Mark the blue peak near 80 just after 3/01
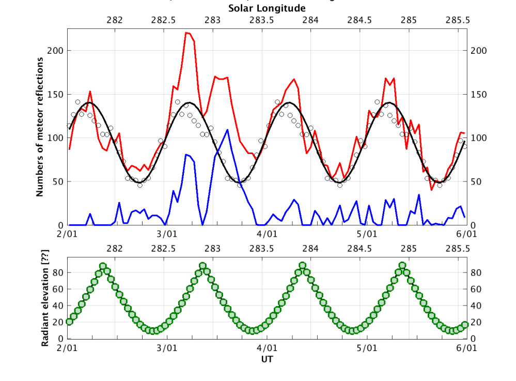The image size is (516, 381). [x=186, y=155]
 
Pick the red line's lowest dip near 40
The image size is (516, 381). [x=432, y=190]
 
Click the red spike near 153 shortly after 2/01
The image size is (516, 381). [x=90, y=92]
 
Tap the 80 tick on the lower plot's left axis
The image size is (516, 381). [x=60, y=272]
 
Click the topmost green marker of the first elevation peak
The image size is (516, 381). [x=103, y=266]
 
